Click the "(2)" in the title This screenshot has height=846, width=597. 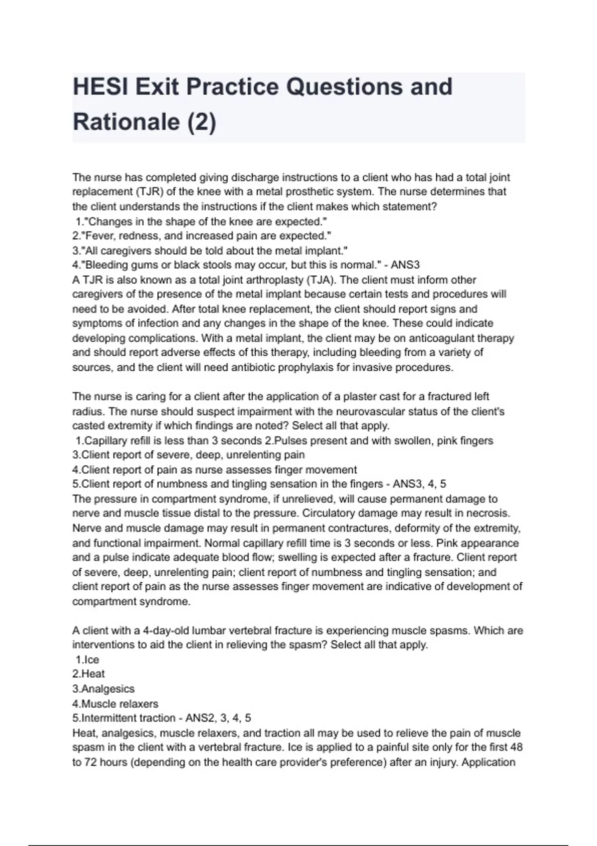201,122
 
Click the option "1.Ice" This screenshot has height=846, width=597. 88,660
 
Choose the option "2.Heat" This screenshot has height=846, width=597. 89,674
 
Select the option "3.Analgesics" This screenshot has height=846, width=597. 103,689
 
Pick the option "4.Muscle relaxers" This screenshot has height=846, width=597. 115,704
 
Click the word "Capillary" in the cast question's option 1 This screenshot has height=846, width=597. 105,441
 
